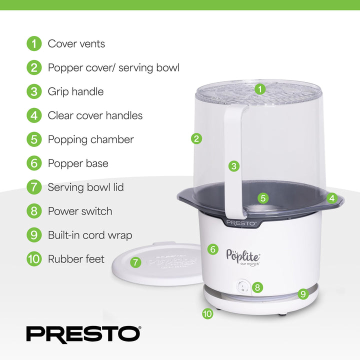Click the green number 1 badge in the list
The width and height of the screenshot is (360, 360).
(33, 43)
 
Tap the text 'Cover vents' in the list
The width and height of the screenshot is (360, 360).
(76, 43)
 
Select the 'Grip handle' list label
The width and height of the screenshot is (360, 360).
(75, 91)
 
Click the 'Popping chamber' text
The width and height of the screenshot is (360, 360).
(90, 139)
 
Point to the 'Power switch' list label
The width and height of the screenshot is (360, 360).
(79, 211)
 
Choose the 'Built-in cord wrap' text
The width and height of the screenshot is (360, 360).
(89, 235)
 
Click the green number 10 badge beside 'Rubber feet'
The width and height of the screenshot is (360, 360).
(33, 259)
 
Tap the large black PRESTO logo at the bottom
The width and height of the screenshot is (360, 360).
(83, 333)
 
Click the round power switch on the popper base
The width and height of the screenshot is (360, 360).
(242, 287)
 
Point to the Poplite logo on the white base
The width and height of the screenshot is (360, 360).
(243, 255)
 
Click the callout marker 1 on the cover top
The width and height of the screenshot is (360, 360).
(259, 89)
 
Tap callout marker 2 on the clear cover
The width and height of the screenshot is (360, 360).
(197, 138)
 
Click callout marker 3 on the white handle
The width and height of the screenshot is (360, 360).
(233, 166)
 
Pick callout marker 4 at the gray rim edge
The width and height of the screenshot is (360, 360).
(331, 198)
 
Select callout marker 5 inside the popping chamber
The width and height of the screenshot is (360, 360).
(263, 198)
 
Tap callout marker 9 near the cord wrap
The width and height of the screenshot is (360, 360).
(302, 294)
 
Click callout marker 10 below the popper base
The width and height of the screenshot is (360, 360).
(207, 314)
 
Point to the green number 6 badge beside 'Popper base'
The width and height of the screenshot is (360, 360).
(33, 163)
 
